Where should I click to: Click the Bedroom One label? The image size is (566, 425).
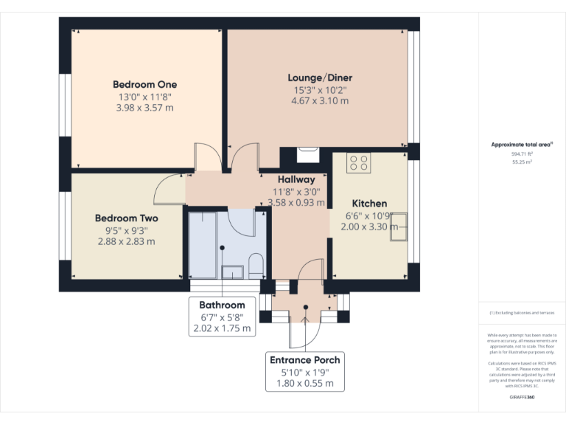144,84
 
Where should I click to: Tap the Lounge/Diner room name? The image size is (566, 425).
319,77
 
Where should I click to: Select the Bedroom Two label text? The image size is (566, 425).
126,218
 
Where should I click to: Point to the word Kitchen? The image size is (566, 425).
368,203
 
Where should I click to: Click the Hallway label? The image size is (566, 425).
296,179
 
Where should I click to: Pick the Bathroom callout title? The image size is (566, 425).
222,305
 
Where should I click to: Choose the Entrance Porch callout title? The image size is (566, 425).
305,359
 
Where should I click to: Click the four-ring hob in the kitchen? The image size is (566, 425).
358,162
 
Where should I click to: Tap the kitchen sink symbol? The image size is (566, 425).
399,226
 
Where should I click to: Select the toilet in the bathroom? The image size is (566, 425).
256,264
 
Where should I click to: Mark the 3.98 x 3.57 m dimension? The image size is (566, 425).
144,108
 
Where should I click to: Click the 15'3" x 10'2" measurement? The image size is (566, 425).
319,89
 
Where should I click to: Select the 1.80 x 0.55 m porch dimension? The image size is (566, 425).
305,383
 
